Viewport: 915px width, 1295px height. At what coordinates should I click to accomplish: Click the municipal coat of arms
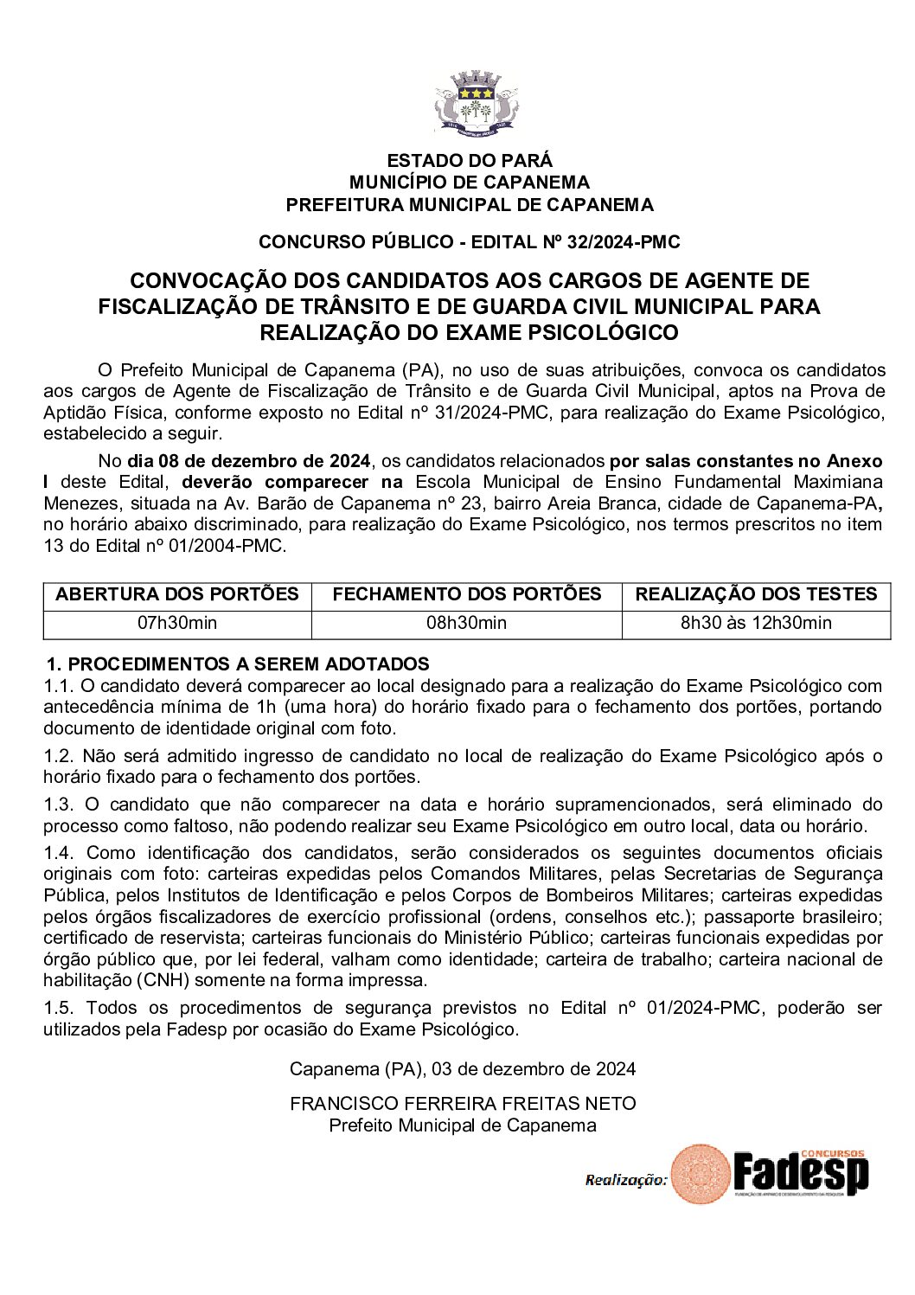pyautogui.click(x=476, y=106)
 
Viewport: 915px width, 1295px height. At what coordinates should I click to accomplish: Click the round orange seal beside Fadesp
pyautogui.click(x=701, y=1174)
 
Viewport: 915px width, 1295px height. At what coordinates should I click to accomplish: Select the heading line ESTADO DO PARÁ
pyautogui.click(x=470, y=160)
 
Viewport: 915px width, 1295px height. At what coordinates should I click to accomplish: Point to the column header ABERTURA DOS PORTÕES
pyautogui.click(x=177, y=594)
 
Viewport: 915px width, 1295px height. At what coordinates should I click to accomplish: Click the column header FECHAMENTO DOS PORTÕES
pyautogui.click(x=467, y=594)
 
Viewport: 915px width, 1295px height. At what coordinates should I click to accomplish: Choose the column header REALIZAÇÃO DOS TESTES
pyautogui.click(x=756, y=594)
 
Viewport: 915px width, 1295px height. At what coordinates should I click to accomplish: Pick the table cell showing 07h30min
pyautogui.click(x=177, y=623)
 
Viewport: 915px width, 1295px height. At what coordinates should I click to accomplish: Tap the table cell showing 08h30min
pyautogui.click(x=467, y=623)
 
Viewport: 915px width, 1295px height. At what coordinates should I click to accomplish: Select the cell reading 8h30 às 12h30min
pyautogui.click(x=756, y=623)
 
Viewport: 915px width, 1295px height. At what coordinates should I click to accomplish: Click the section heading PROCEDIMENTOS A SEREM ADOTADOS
pyautogui.click(x=247, y=664)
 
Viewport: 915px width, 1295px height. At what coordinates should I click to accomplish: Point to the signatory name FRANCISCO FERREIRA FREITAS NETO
pyautogui.click(x=463, y=1104)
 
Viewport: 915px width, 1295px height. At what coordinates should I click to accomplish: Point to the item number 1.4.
pyautogui.click(x=59, y=853)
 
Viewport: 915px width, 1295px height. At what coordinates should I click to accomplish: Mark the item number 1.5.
pyautogui.click(x=59, y=1008)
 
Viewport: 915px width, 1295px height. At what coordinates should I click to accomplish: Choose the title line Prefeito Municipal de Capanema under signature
pyautogui.click(x=463, y=1125)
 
